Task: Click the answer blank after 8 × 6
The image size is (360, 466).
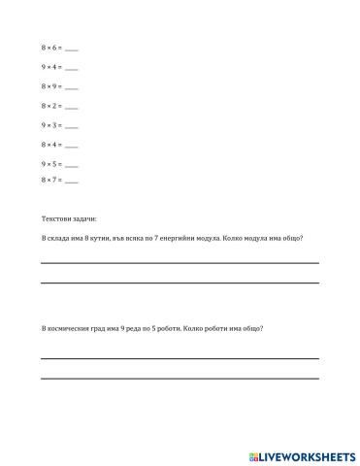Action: pyautogui.click(x=71, y=49)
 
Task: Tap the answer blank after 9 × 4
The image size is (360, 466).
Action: pyautogui.click(x=71, y=68)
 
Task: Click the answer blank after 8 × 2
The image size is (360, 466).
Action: pyautogui.click(x=71, y=106)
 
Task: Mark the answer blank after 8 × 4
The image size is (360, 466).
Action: pyautogui.click(x=71, y=145)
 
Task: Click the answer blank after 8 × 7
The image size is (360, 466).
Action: pyautogui.click(x=71, y=181)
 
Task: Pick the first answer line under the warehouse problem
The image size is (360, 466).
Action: pyautogui.click(x=180, y=262)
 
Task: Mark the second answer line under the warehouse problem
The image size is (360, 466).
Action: pyautogui.click(x=180, y=282)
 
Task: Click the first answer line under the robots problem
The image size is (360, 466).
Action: pyautogui.click(x=180, y=358)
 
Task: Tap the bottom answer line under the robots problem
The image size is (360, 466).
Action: pyautogui.click(x=180, y=377)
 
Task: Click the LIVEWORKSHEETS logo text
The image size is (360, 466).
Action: pyautogui.click(x=307, y=454)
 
